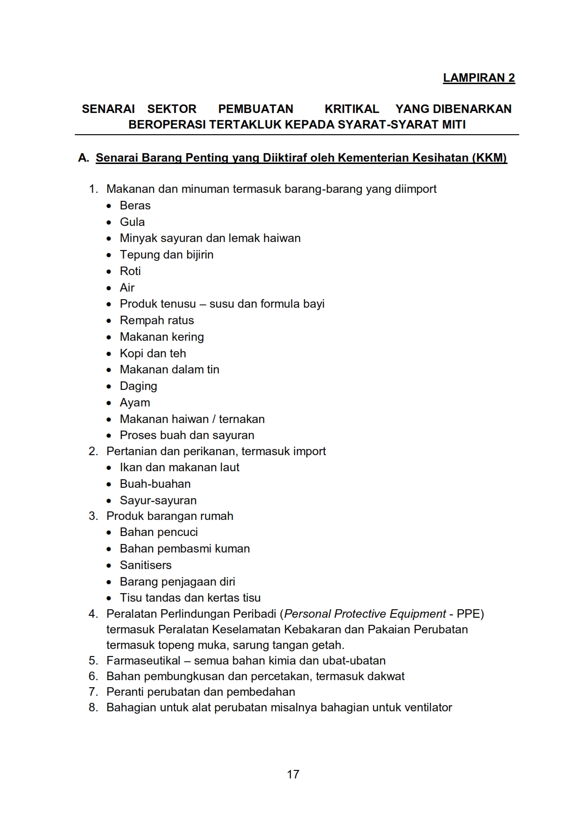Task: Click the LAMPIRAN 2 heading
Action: pyautogui.click(x=479, y=78)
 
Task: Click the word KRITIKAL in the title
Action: pyautogui.click(x=351, y=109)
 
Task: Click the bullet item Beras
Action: pyautogui.click(x=135, y=206)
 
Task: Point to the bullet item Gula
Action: pyautogui.click(x=132, y=222)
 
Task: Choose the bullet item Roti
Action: pyautogui.click(x=130, y=271)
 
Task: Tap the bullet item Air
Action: pyautogui.click(x=127, y=288)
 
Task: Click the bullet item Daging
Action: pyautogui.click(x=138, y=386)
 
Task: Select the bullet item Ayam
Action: pyautogui.click(x=135, y=403)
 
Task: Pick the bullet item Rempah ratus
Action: pyautogui.click(x=157, y=320)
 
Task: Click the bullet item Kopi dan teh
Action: pyautogui.click(x=153, y=354)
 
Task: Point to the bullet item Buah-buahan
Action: pyautogui.click(x=155, y=484)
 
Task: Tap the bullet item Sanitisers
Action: pyautogui.click(x=145, y=565)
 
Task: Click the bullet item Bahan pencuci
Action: pyautogui.click(x=158, y=532)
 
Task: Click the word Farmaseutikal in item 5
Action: pyautogui.click(x=143, y=661)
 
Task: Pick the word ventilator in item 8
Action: pyautogui.click(x=428, y=708)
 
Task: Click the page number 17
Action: pyautogui.click(x=293, y=774)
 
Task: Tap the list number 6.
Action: pyautogui.click(x=93, y=676)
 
